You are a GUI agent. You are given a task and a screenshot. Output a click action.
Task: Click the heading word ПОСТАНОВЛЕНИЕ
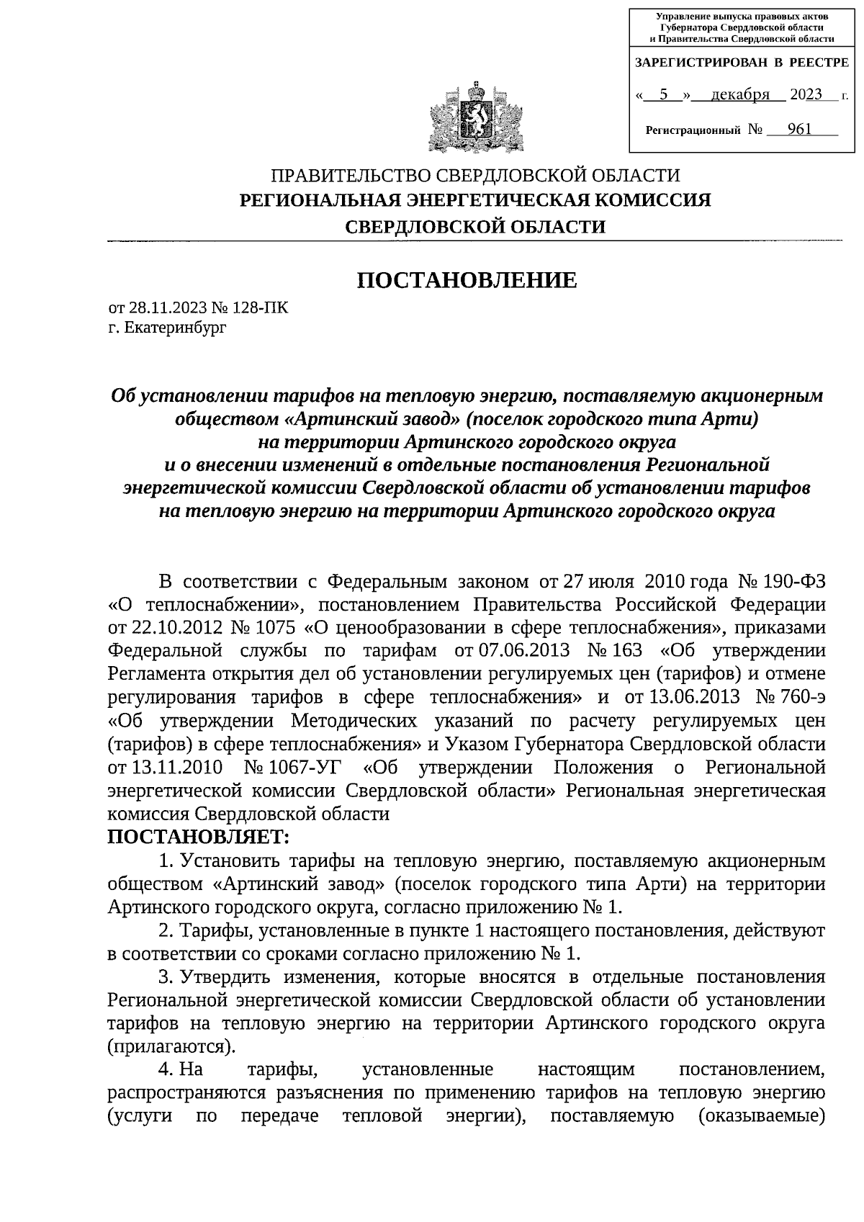click(467, 280)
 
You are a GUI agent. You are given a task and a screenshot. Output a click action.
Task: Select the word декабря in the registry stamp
click(739, 95)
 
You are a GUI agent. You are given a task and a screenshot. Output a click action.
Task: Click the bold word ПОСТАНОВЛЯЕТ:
click(198, 837)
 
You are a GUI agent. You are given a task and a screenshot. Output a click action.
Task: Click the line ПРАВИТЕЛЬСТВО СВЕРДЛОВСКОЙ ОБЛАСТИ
click(474, 175)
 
